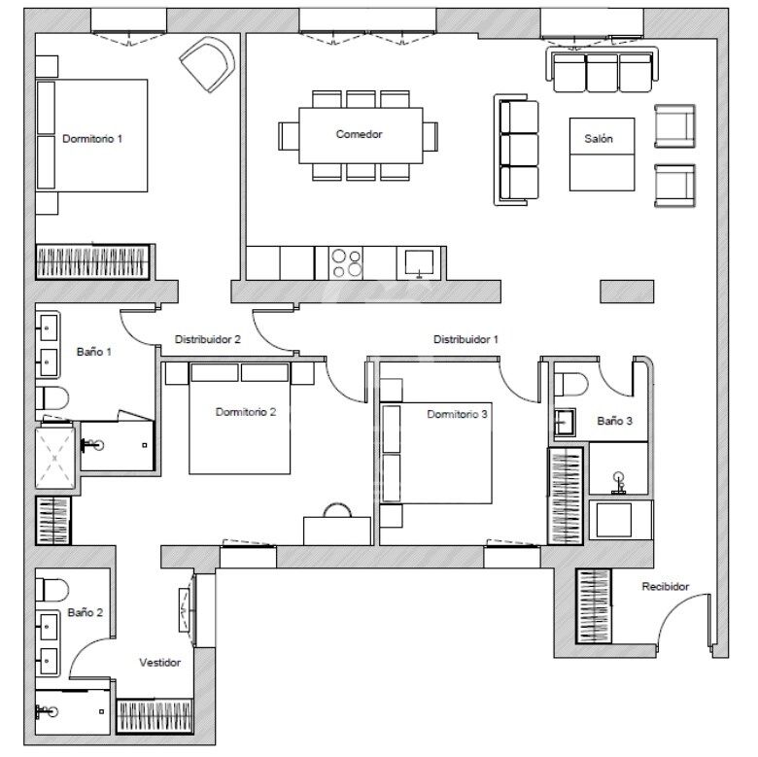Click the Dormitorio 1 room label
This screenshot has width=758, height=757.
point(91,139)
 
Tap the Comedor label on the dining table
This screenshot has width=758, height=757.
point(359,134)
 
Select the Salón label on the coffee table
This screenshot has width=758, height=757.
point(599,139)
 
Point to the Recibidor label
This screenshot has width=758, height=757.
point(665,587)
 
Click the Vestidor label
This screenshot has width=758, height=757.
point(159,662)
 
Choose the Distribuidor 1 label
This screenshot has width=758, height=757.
point(465,339)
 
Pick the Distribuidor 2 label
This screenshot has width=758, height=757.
point(207,340)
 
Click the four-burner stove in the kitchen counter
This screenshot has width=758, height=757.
point(347,263)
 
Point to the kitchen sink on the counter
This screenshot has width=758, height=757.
point(420,262)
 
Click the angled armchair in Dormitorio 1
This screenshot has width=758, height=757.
point(207,63)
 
